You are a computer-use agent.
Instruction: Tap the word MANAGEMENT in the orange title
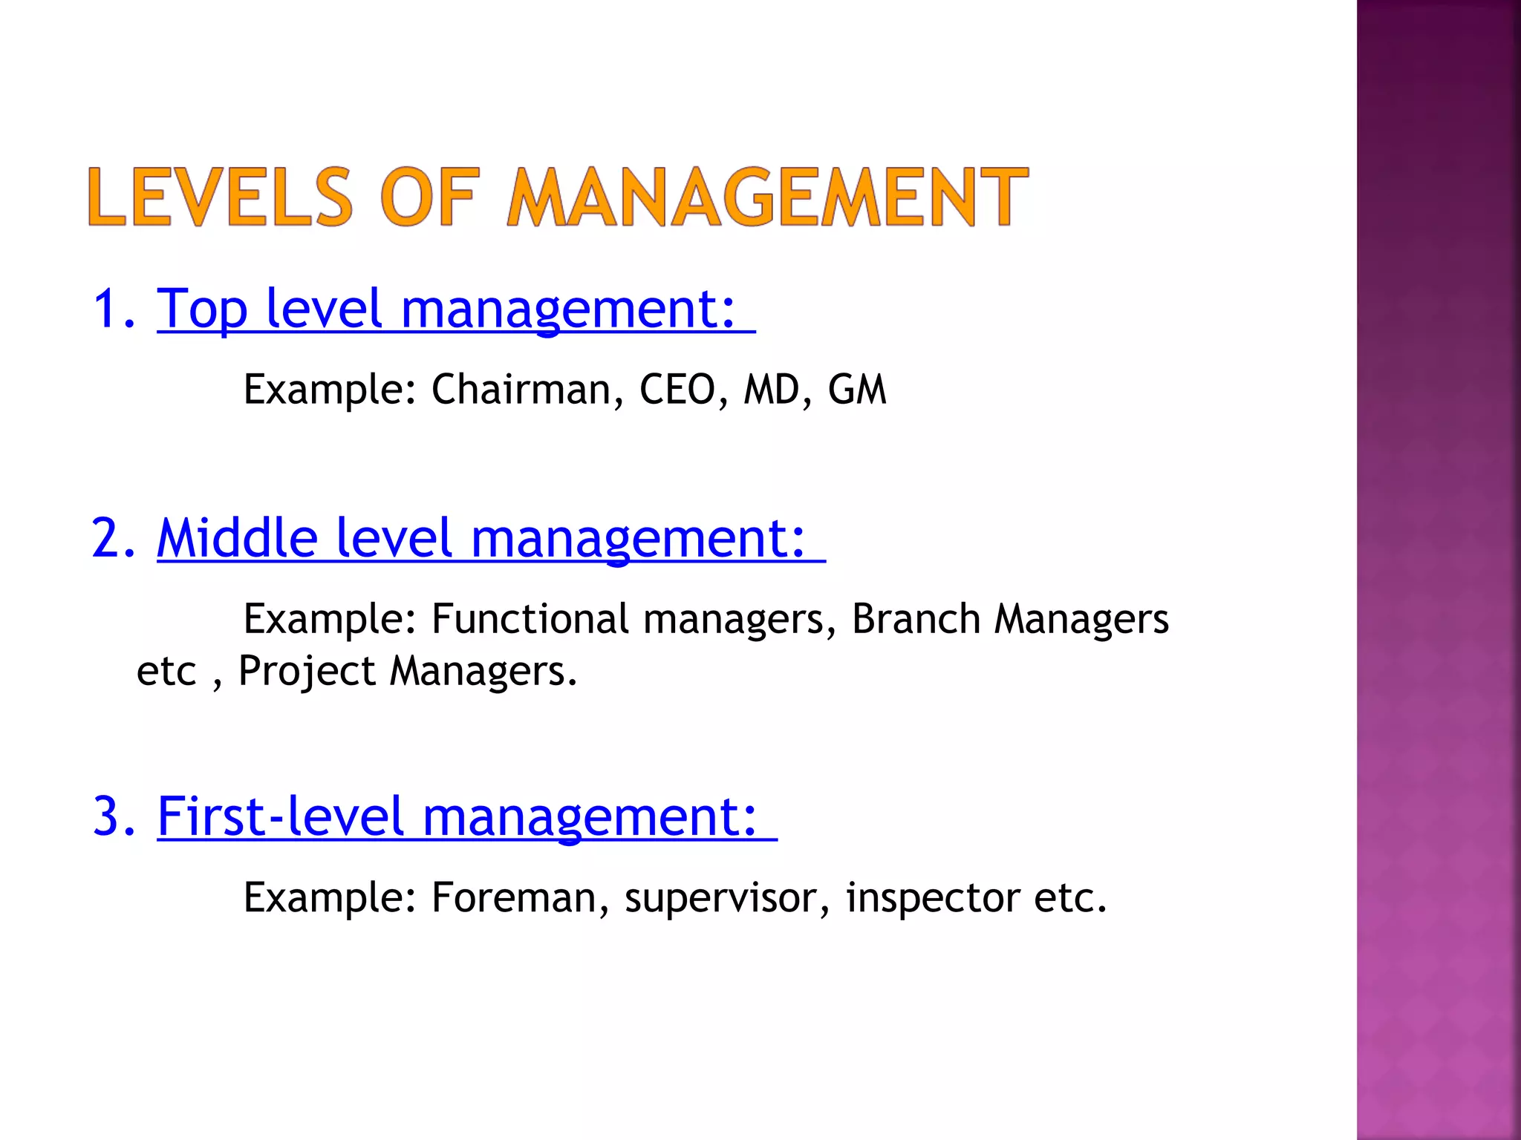pyautogui.click(x=767, y=197)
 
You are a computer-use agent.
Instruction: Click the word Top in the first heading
pyautogui.click(x=202, y=309)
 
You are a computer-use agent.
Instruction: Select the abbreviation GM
pyautogui.click(x=857, y=390)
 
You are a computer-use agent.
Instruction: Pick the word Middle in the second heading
pyautogui.click(x=237, y=538)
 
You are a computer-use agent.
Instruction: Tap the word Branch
pyautogui.click(x=916, y=619)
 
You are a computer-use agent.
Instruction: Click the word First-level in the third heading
pyautogui.click(x=281, y=816)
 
